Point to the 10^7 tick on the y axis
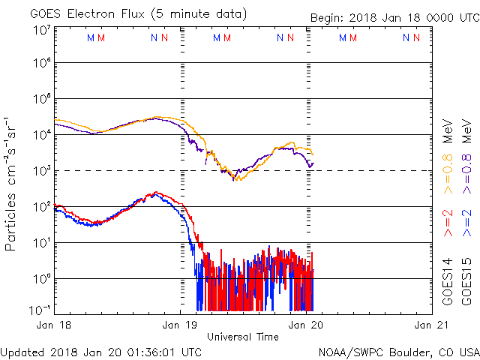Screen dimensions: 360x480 [x=42, y=28]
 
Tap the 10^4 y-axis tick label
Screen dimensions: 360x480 [x=42, y=134]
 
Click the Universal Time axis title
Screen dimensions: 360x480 [x=242, y=337]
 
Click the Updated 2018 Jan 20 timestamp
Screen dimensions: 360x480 [x=100, y=351]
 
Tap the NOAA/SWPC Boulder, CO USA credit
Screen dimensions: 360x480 [x=398, y=351]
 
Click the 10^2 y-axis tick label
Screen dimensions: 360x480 [x=42, y=205]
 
